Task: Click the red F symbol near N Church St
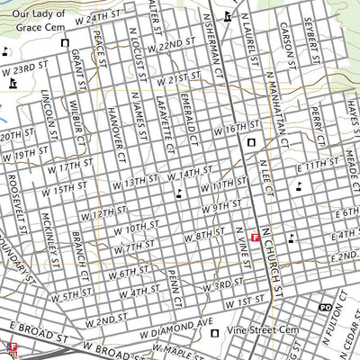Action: [256, 238]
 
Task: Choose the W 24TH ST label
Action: [100, 17]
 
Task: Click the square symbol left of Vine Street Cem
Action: [214, 332]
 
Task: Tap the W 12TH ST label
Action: [102, 213]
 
